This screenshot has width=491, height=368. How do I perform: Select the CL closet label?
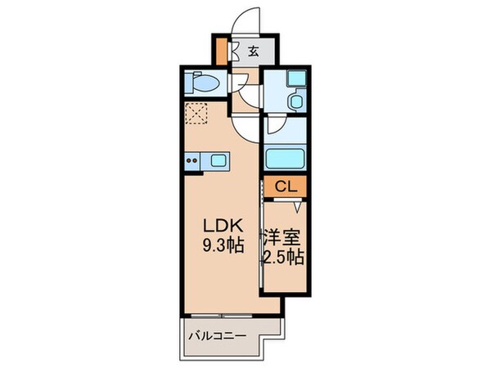click(284, 186)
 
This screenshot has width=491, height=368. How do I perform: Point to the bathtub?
click(284, 158)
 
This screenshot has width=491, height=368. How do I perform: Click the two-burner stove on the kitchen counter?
click(193, 162)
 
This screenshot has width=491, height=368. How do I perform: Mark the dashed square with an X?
click(197, 114)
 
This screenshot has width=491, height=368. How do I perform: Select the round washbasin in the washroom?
click(297, 101)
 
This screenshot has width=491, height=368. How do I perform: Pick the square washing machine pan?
click(295, 81)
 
